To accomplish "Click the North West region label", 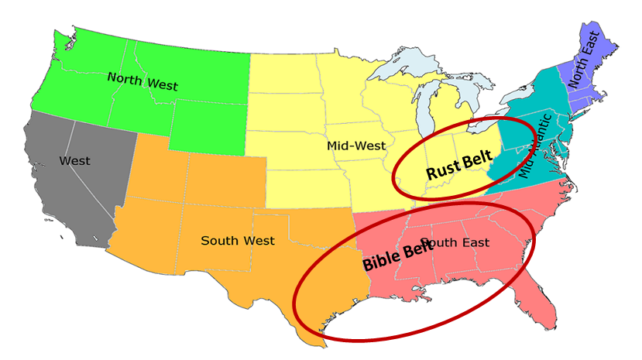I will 142,81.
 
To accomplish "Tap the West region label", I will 74,161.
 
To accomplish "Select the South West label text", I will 237,241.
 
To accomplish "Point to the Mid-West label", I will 356,145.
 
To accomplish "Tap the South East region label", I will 457,242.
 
